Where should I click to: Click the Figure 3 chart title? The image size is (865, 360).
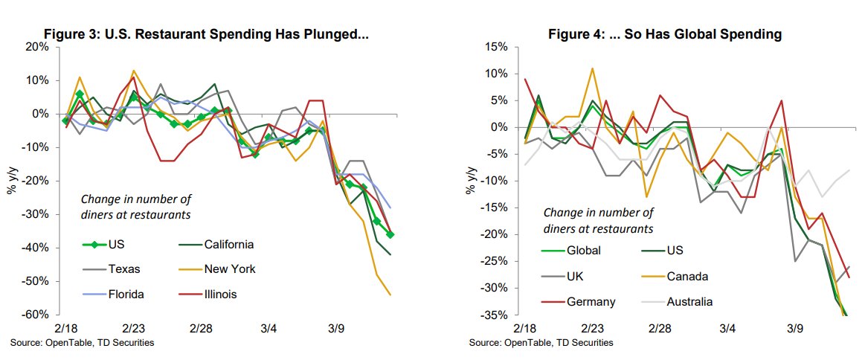pyautogui.click(x=207, y=33)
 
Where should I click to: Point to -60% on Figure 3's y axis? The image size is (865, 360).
pyautogui.click(x=35, y=315)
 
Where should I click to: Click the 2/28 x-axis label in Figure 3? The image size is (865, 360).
pyautogui.click(x=202, y=328)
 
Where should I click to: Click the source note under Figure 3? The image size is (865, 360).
pyautogui.click(x=83, y=342)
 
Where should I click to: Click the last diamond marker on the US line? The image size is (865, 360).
pyautogui.click(x=391, y=234)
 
